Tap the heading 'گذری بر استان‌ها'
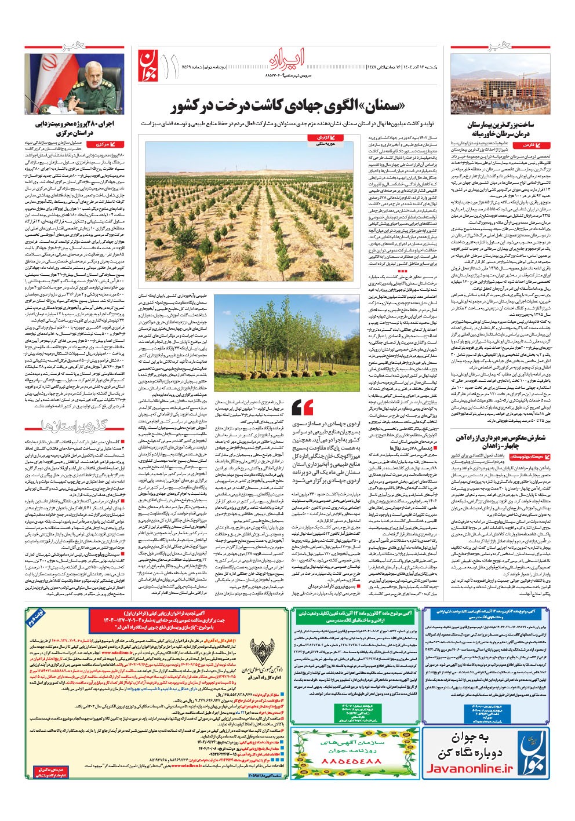[x=74, y=427]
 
